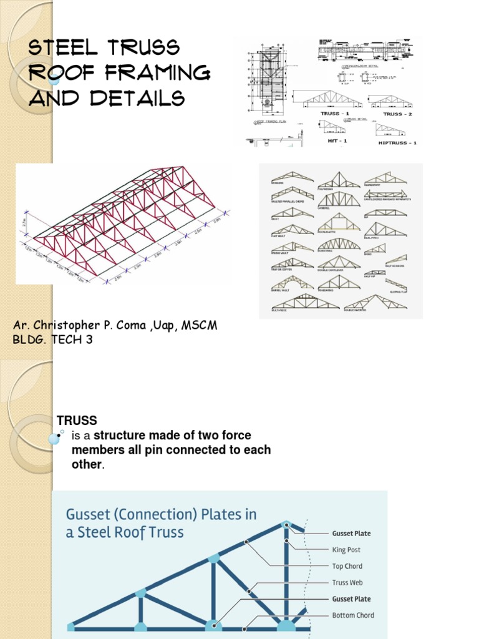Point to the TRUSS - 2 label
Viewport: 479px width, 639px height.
393,114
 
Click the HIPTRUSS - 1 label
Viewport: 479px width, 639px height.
397,143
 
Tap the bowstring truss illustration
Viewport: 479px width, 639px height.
339,244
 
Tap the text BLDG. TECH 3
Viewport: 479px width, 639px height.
52,340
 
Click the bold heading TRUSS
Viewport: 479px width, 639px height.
77,420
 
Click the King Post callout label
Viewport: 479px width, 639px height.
346,550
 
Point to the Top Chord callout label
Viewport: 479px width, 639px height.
347,566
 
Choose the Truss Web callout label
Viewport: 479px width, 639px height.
347,582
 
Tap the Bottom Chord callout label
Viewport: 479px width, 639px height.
352,615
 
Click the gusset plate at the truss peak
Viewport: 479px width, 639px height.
286,525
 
